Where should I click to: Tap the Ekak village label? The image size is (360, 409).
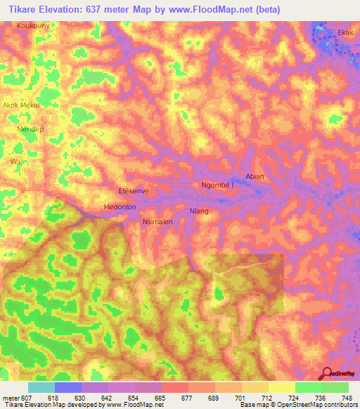tap(345, 32)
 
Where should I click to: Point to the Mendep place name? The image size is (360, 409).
tap(30, 130)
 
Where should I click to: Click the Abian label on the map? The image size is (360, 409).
tap(255, 176)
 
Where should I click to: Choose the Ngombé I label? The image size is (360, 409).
tap(217, 185)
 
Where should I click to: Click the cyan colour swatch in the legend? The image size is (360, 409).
tap(41, 388)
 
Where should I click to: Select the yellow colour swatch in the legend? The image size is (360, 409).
tap(281, 388)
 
